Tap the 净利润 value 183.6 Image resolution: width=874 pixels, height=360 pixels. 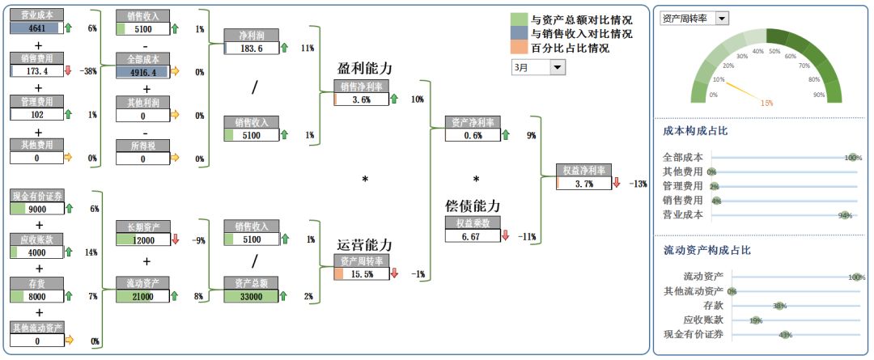click(252, 48)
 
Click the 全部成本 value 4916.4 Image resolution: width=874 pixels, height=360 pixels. click(142, 72)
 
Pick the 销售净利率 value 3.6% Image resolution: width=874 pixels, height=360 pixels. click(361, 100)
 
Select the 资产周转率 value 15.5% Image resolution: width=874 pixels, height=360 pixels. click(362, 274)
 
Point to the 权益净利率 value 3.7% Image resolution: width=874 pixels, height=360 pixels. click(583, 184)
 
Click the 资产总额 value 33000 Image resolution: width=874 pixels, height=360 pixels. click(252, 297)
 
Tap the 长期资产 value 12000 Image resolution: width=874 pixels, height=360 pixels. click(142, 239)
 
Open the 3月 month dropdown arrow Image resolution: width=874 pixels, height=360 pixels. click(558, 68)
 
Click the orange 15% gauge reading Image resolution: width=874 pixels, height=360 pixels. click(766, 103)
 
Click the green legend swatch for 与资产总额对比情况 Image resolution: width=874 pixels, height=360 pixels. click(519, 19)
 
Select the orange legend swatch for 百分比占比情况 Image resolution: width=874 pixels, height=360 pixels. click(519, 48)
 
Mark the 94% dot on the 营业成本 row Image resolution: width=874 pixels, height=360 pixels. click(846, 215)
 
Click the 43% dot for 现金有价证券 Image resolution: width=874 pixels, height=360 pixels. click(783, 334)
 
